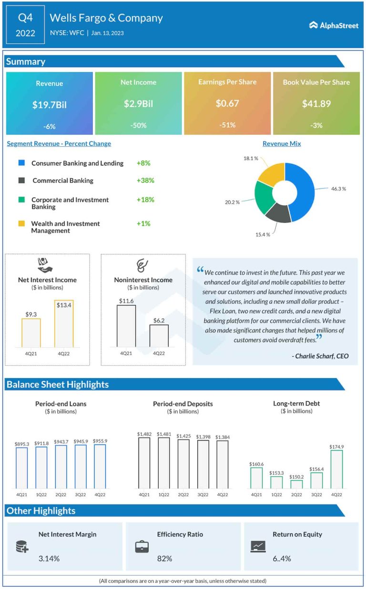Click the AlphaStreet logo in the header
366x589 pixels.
[334, 25]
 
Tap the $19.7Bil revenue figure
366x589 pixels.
[50, 105]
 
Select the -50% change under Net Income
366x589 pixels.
[138, 125]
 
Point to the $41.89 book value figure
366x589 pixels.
[316, 103]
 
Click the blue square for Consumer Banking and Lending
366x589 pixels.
[21, 163]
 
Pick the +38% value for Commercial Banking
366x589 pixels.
[145, 180]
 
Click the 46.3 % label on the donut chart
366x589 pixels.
[338, 189]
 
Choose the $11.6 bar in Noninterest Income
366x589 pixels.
[126, 326]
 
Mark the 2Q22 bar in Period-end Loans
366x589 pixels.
[61, 467]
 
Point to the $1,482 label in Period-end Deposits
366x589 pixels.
[144, 434]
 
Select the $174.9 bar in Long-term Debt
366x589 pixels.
[336, 469]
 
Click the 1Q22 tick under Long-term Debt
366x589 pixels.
[276, 495]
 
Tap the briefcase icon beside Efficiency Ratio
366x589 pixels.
[142, 546]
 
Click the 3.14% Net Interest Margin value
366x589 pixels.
[49, 559]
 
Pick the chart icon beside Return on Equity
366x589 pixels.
[257, 546]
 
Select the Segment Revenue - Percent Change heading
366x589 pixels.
[59, 144]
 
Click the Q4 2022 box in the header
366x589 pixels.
[25, 25]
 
